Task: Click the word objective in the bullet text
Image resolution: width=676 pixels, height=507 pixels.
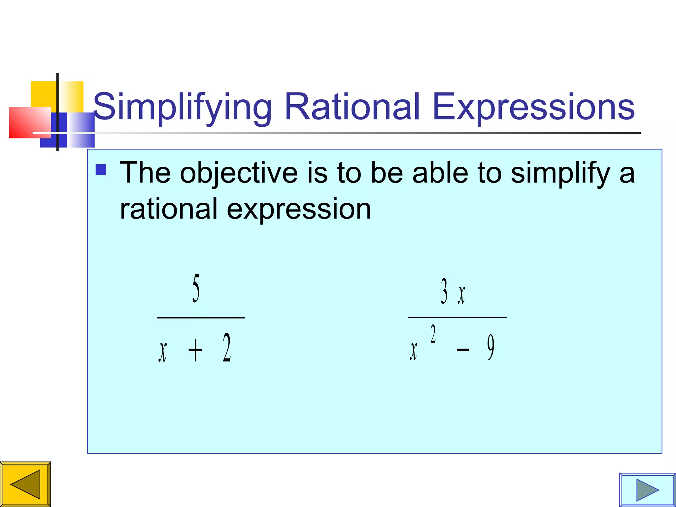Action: tap(239, 173)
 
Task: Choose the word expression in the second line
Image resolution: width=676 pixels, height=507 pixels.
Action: tap(299, 209)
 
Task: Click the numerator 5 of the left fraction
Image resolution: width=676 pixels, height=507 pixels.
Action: tap(196, 288)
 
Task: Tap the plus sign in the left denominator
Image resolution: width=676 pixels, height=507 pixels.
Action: tap(195, 351)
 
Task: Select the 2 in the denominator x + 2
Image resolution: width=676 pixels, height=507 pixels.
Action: tap(226, 348)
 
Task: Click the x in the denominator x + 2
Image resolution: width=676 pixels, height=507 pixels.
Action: tap(162, 352)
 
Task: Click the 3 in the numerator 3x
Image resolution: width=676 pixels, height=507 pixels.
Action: tap(444, 291)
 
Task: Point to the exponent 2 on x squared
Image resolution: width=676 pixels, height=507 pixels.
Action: tap(433, 334)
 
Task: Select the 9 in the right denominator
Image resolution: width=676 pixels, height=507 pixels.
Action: tap(491, 347)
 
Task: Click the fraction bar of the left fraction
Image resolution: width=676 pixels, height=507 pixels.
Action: tap(201, 318)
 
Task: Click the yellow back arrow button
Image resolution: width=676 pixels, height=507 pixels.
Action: tap(25, 484)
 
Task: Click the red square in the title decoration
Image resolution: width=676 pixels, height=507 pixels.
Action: tap(26, 122)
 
